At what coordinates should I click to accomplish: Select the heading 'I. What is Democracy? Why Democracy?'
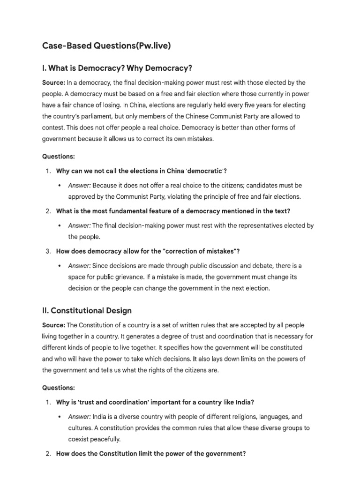click(117, 68)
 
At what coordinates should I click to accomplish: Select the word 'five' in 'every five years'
click(242, 105)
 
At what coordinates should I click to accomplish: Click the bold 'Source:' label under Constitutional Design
click(54, 325)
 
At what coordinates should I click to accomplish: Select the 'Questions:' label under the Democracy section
click(59, 156)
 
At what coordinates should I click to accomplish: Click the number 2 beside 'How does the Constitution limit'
click(48, 454)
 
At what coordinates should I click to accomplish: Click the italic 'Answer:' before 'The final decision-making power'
click(80, 225)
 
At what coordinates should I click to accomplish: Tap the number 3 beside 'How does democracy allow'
click(48, 251)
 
